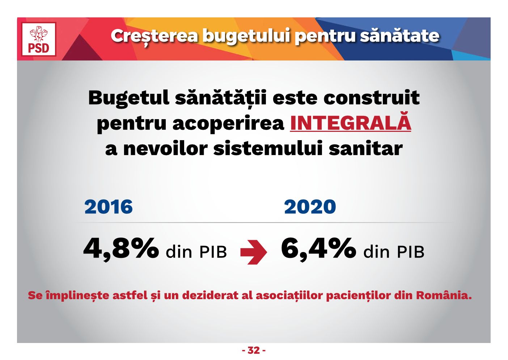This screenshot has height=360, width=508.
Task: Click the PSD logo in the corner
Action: [x=39, y=39]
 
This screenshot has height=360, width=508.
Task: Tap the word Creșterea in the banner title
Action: [x=154, y=36]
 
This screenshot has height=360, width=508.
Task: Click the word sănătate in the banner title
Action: [x=399, y=35]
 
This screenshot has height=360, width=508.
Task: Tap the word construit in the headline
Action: [x=372, y=98]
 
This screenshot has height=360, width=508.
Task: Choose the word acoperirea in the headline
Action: [x=228, y=124]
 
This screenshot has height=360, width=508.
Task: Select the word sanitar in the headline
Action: [x=365, y=148]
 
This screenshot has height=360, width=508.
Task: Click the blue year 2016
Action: [x=109, y=206]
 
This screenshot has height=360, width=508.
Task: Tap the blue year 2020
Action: [x=310, y=206]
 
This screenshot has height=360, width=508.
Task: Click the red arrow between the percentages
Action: [x=254, y=252]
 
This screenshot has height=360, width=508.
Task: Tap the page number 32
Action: [x=254, y=350]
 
